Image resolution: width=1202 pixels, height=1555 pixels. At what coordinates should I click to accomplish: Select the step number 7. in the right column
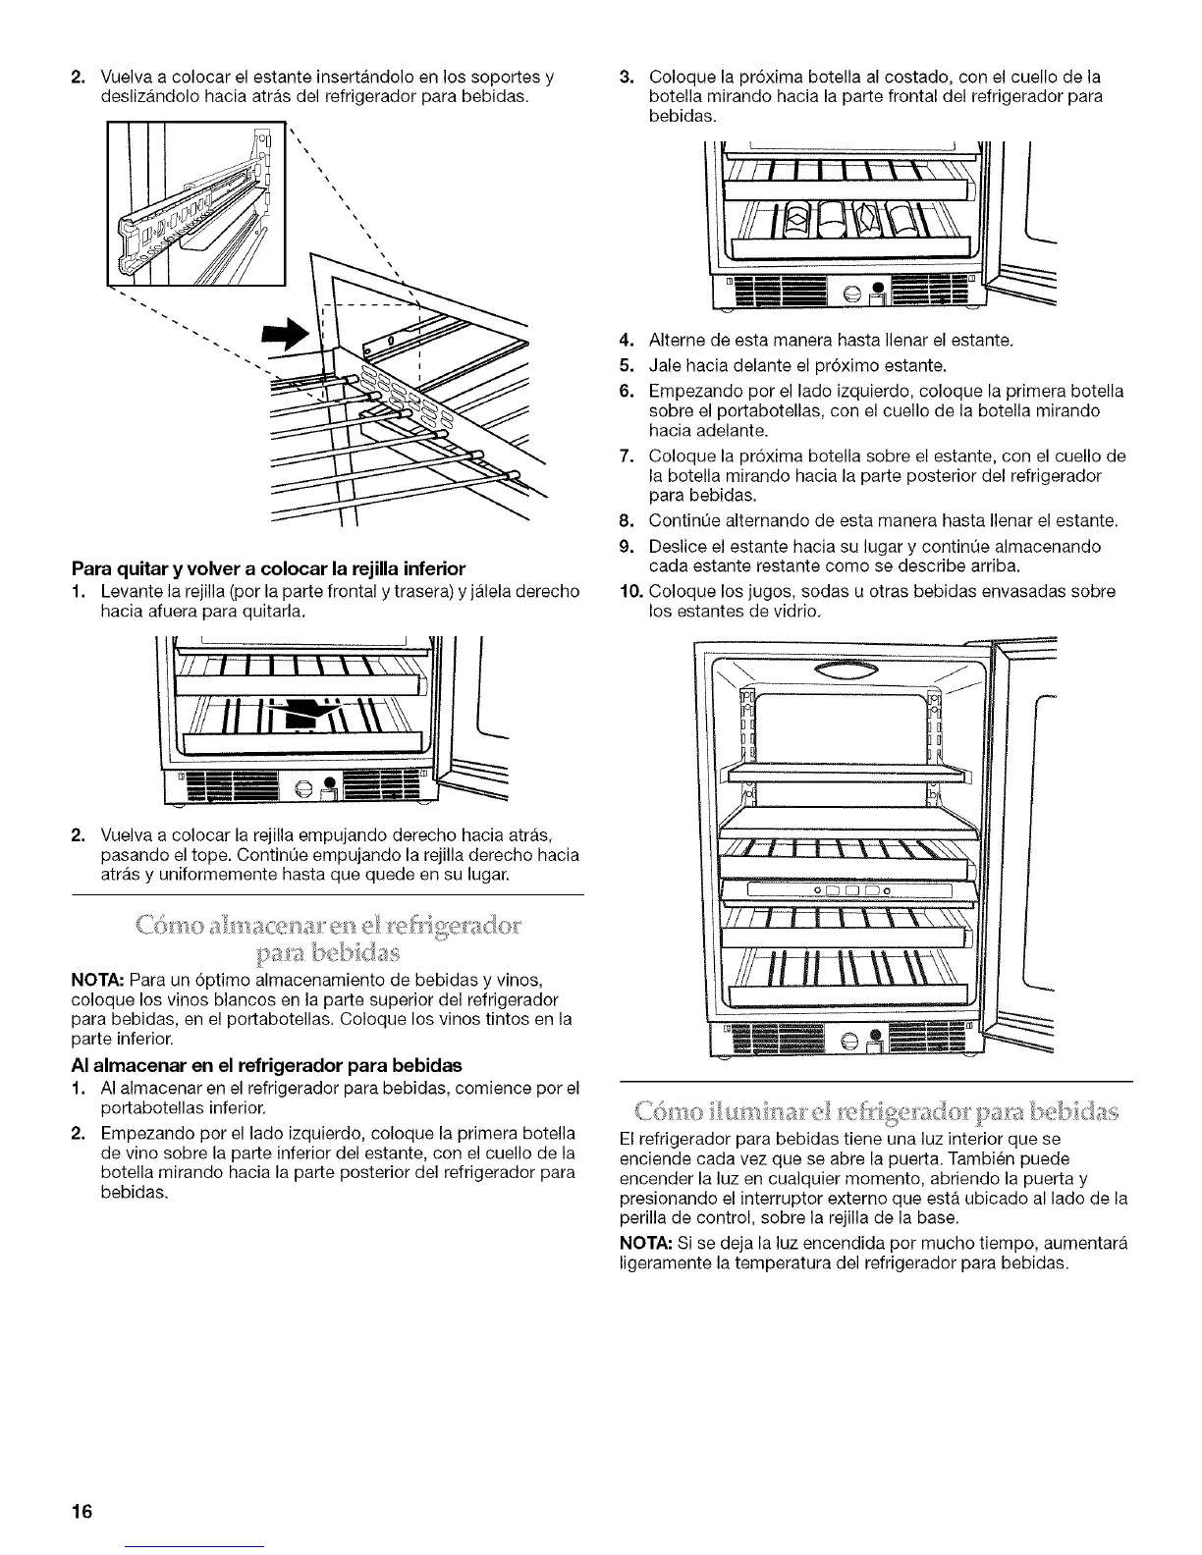[629, 456]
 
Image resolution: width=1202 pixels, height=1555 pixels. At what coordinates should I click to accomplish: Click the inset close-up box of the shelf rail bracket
[193, 204]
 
